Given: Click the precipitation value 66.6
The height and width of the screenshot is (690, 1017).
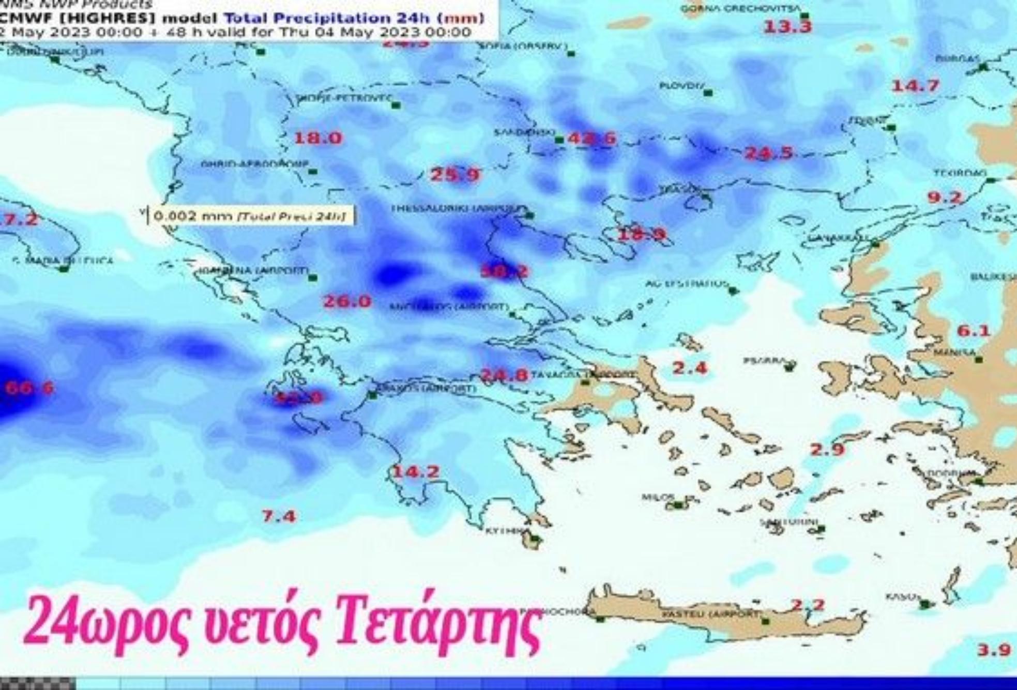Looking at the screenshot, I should tap(29, 388).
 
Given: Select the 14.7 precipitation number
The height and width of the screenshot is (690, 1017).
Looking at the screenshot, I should tap(915, 86).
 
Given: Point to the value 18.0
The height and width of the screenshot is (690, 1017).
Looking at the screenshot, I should tap(318, 139).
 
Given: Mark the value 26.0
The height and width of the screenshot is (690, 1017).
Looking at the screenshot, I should tap(347, 301).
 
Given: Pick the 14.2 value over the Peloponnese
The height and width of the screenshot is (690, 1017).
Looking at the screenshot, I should tap(416, 472).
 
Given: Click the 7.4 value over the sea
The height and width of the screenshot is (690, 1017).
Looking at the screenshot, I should tap(279, 516).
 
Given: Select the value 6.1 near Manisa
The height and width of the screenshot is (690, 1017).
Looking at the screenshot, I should tap(974, 331).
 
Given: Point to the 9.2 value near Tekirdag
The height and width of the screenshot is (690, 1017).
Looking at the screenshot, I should tap(945, 197).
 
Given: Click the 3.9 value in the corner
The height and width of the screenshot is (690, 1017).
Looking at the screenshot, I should tap(994, 650).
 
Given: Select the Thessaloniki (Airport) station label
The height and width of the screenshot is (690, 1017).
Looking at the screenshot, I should tap(455, 208).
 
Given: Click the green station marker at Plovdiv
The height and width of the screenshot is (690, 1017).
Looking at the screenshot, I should tap(708, 93).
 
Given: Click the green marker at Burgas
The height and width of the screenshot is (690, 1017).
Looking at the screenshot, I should tap(983, 67).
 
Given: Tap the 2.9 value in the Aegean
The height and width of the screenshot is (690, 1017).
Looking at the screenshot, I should tap(827, 450).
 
